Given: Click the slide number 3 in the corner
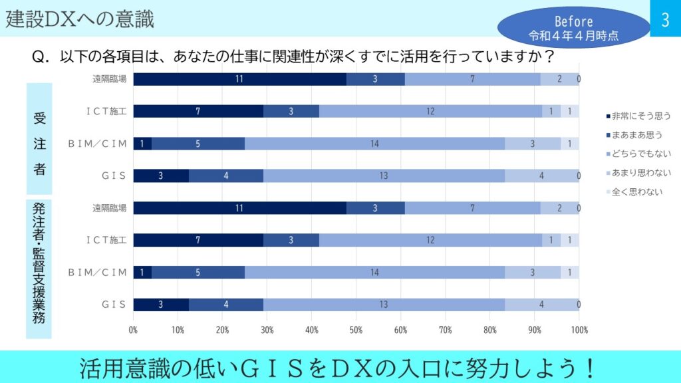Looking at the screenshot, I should pos(665,20).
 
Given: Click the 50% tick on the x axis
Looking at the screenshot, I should pos(356,329).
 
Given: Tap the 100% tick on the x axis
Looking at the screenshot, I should pos(579,329).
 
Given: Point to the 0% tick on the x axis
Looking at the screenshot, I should pos(134,329).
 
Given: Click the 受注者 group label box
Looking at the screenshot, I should pos(39,140).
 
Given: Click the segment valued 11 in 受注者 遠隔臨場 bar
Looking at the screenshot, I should pos(239,79).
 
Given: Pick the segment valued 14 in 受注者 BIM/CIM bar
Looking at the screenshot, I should pos(374,144).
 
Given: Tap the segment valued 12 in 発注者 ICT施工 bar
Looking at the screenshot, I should pos(430,240).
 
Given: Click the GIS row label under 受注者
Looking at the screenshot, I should pos(113,176).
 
